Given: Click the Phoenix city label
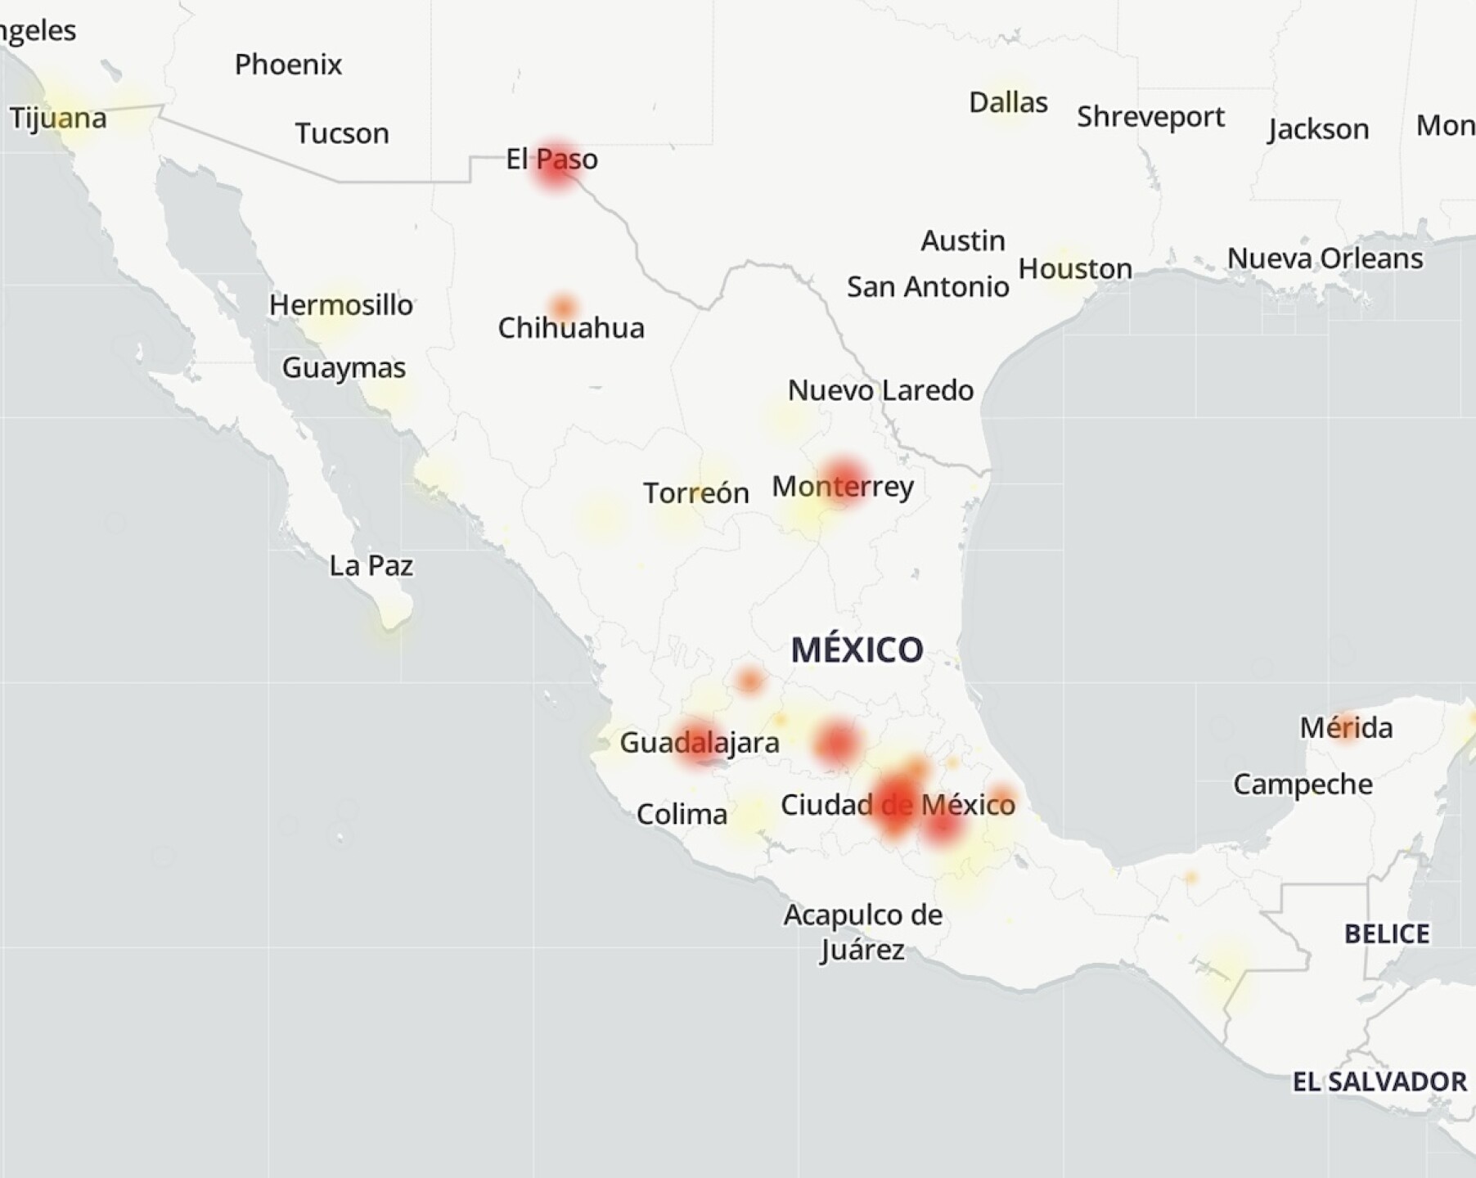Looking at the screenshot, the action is [x=288, y=65].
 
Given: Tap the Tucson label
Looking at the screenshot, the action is [x=342, y=133].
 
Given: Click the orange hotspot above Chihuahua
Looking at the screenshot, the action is [x=563, y=308].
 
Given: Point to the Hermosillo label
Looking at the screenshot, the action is [x=341, y=305].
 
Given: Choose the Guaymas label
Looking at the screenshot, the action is [x=344, y=368].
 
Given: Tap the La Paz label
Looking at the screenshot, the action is [x=371, y=565].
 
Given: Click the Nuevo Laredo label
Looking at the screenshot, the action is [x=880, y=390].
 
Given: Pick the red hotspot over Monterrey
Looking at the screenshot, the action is [x=842, y=481].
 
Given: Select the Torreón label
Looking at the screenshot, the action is [x=695, y=493].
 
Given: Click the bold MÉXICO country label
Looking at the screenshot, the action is [x=857, y=650].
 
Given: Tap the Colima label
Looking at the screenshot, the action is [x=682, y=815].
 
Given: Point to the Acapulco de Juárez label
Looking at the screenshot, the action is [x=862, y=932].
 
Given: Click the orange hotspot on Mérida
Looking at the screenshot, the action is [x=1345, y=725].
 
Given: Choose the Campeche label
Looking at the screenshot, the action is [x=1303, y=785].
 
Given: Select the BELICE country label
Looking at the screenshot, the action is [x=1387, y=933].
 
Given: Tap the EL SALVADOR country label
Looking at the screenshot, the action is [x=1379, y=1081].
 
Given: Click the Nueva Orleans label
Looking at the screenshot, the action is [x=1325, y=259].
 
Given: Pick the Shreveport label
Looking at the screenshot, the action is [x=1150, y=117].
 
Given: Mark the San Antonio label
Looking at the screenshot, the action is [x=928, y=287].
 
